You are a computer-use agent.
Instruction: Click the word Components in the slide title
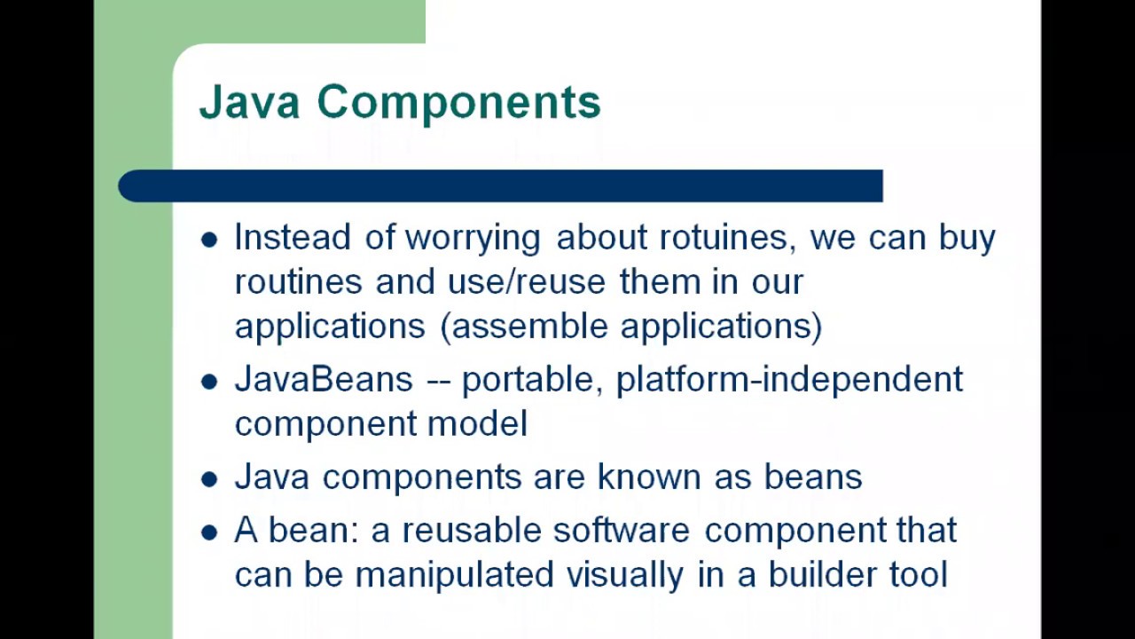click(x=458, y=103)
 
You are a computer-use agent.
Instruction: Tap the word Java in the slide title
click(x=250, y=102)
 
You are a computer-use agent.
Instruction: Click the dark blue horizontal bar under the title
click(x=500, y=186)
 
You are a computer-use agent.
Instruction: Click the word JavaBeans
click(x=324, y=380)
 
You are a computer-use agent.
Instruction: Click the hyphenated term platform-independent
click(x=789, y=380)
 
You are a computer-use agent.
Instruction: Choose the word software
click(x=622, y=531)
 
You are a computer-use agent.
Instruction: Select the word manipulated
click(x=454, y=575)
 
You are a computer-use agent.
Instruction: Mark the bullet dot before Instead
click(x=209, y=240)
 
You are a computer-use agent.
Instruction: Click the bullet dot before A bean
click(x=209, y=532)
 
